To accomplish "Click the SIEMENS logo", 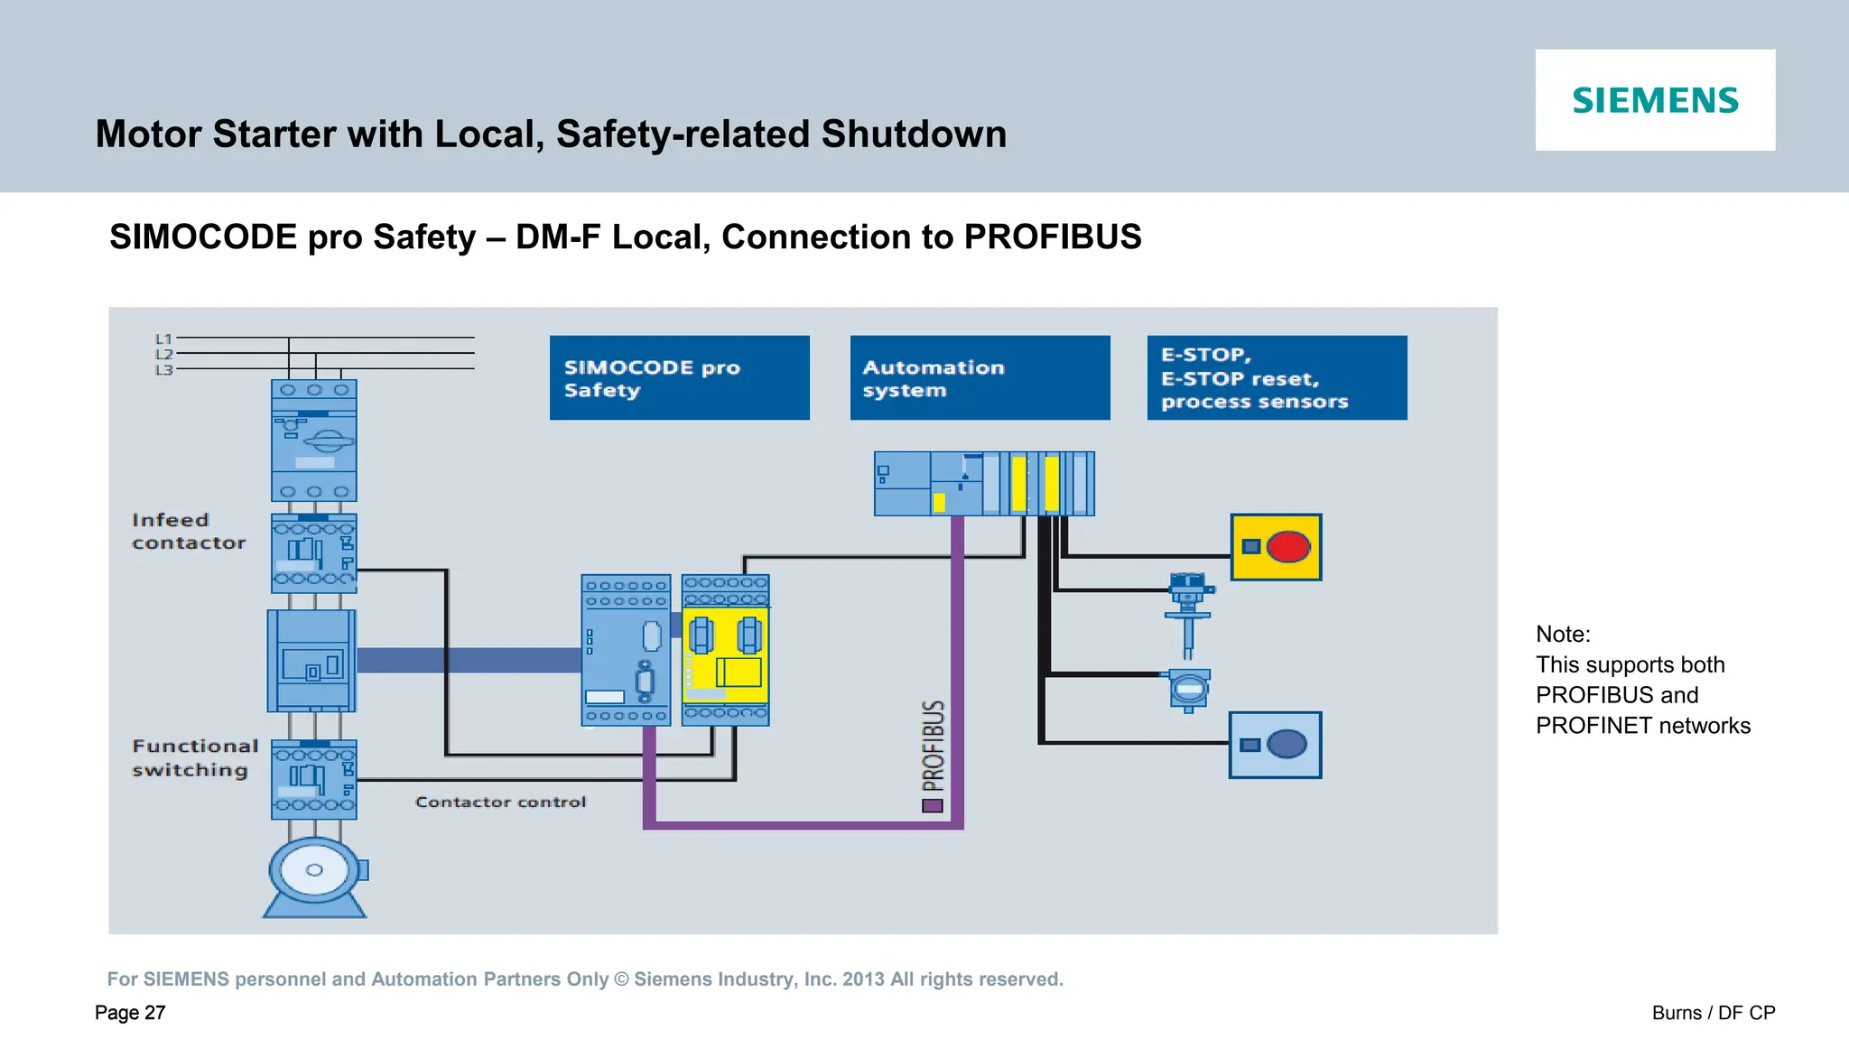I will click(x=1655, y=100).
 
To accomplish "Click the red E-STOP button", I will click(x=1288, y=547).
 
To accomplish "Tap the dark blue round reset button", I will click(x=1287, y=745).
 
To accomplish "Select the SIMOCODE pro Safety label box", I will click(x=679, y=378).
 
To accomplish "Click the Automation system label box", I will click(x=980, y=378).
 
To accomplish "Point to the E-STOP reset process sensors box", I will click(x=1277, y=378).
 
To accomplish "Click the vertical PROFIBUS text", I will click(x=934, y=746).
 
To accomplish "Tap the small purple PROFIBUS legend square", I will click(x=933, y=806).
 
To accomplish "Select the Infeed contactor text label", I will click(x=188, y=532).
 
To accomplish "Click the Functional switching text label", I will click(x=194, y=758).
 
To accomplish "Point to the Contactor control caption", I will click(x=500, y=802).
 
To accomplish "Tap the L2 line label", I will click(x=163, y=355).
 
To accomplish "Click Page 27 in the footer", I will click(x=130, y=1013).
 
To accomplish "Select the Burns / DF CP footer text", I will click(x=1713, y=1013).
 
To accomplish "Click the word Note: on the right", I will click(x=1563, y=635).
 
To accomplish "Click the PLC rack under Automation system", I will click(x=983, y=484).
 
